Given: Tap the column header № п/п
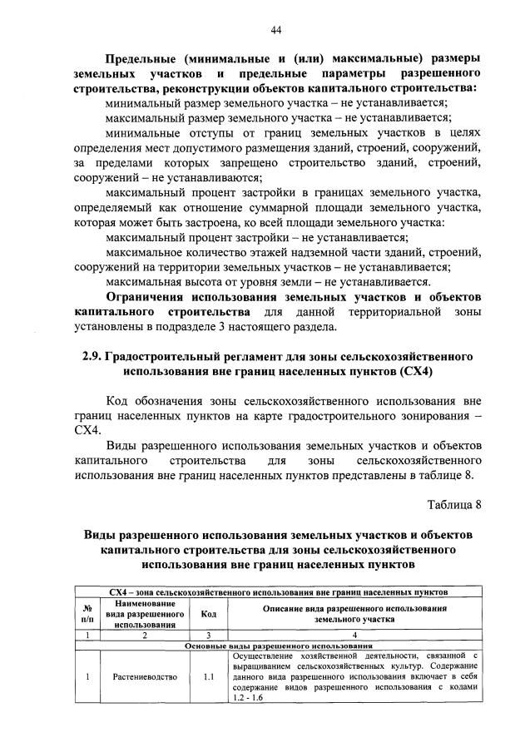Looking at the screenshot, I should click(87, 614).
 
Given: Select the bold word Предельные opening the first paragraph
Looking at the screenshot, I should click(147, 58).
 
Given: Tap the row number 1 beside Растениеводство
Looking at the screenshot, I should click(87, 677).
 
